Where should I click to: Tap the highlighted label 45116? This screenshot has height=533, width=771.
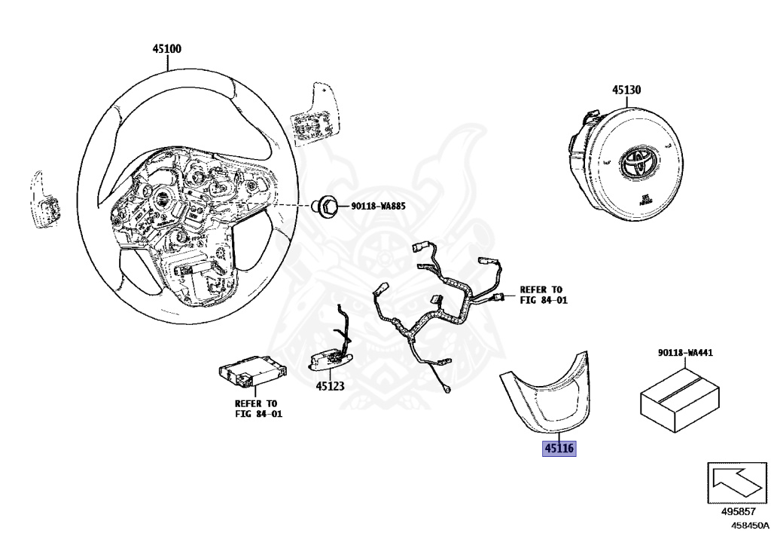coord(559,449)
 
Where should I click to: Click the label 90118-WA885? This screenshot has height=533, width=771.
coord(376,206)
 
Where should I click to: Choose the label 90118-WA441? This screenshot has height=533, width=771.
coord(685,353)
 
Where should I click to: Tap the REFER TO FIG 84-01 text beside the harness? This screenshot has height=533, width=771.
coord(543,294)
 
